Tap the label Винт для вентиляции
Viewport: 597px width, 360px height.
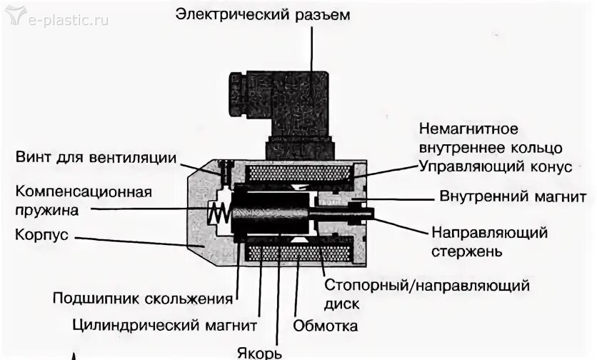pyautogui.click(x=96, y=157)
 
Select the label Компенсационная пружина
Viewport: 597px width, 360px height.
pyautogui.click(x=84, y=201)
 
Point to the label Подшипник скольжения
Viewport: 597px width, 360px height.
pyautogui.click(x=143, y=298)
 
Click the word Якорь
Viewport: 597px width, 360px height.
pyautogui.click(x=260, y=351)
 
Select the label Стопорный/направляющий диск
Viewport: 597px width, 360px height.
pyautogui.click(x=427, y=294)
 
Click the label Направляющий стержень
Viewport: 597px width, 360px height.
pyautogui.click(x=488, y=241)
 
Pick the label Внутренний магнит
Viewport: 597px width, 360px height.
pyautogui.click(x=513, y=196)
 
